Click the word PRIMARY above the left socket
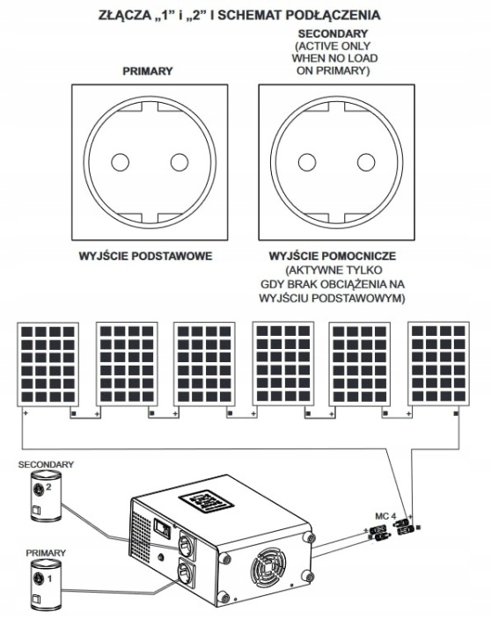[x=148, y=71]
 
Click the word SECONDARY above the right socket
[x=333, y=33]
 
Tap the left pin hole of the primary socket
[x=120, y=163]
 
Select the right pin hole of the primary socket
[x=180, y=163]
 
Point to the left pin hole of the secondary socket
[x=307, y=163]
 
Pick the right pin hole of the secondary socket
[x=366, y=163]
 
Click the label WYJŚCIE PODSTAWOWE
[x=145, y=256]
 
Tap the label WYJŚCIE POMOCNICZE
[x=333, y=256]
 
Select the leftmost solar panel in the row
[x=48, y=364]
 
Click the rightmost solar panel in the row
[x=438, y=364]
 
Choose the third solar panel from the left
[x=204, y=364]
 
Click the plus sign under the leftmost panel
[x=26, y=413]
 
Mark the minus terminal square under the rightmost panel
[x=457, y=413]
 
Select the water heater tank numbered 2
[x=45, y=496]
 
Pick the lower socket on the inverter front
[x=186, y=574]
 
